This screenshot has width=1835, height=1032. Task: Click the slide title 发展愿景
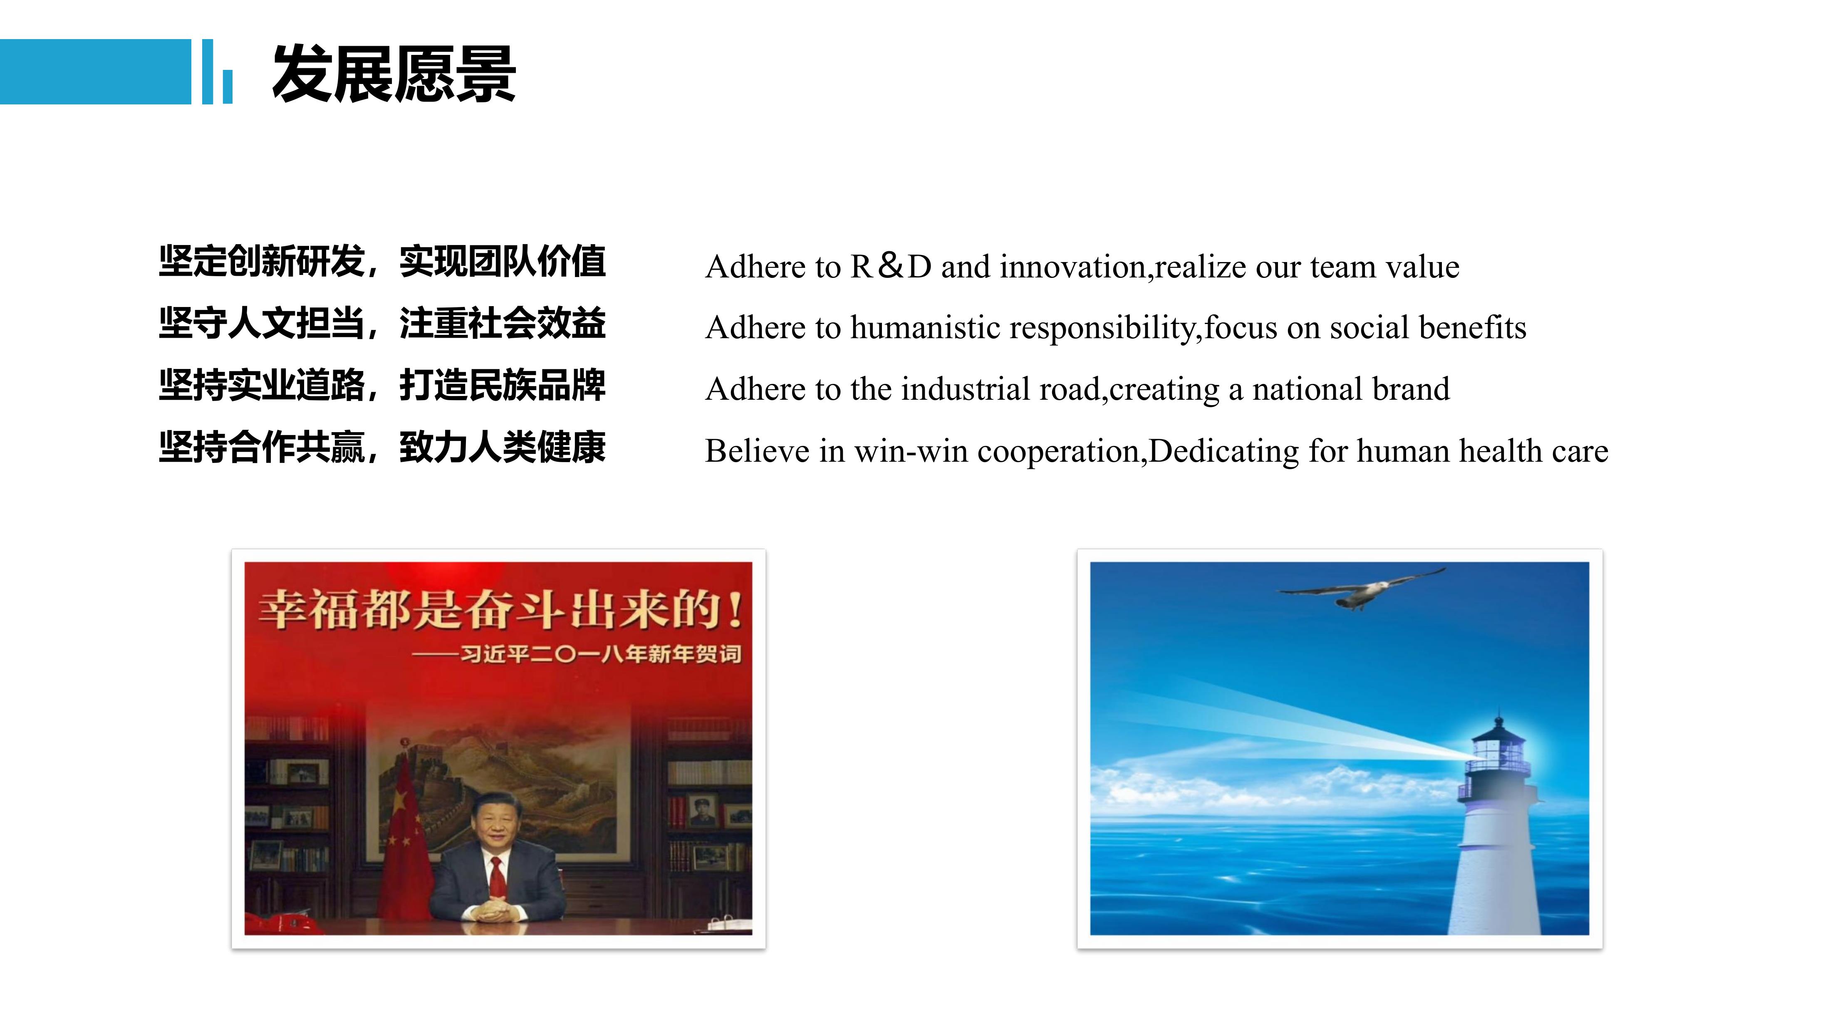click(394, 73)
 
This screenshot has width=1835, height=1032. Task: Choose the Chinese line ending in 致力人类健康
click(382, 447)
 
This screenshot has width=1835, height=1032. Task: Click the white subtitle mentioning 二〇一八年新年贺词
click(577, 654)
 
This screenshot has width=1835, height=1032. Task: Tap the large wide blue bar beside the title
click(95, 72)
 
